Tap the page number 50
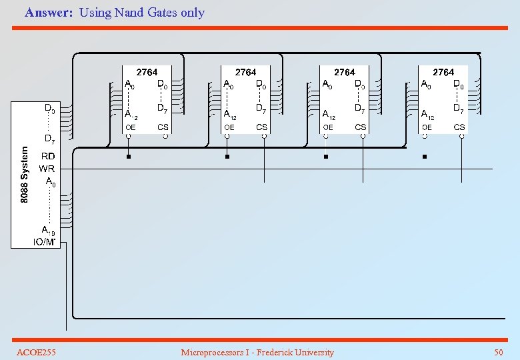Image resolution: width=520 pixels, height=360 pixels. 498,352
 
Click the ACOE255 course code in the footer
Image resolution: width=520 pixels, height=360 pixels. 36,352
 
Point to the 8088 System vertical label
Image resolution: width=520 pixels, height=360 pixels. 25,175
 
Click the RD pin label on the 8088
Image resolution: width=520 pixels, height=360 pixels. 48,156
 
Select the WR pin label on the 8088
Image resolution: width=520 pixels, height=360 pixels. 47,169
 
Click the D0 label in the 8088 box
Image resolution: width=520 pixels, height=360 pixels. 49,107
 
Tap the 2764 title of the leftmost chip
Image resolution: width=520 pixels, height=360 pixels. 147,72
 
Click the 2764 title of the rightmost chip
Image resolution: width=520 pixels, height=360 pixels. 443,72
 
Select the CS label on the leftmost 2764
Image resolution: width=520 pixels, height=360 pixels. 163,127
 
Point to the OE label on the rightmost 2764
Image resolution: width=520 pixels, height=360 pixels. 427,127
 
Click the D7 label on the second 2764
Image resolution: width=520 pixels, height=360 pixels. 261,108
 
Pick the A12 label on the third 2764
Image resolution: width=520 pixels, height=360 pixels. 328,114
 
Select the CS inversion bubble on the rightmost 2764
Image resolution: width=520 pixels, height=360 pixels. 460,136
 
